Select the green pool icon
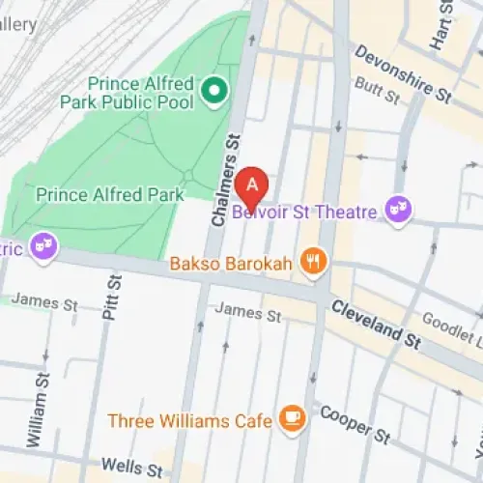coord(214,93)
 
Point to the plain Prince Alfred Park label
coord(109,195)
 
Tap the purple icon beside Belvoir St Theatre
coord(396,209)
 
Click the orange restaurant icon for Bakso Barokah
coord(313,260)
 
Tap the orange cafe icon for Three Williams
coord(289,418)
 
